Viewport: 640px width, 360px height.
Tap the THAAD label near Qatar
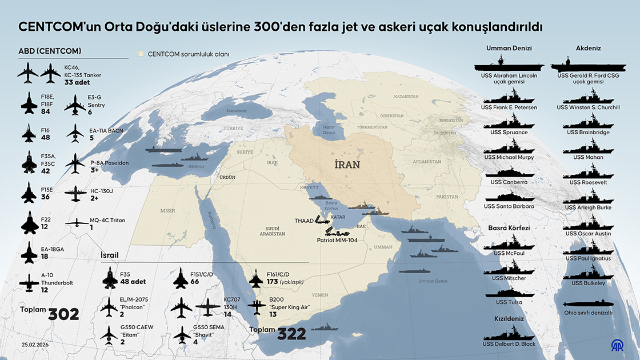pyautogui.click(x=304, y=220)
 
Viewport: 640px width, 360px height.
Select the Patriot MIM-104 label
pyautogui.click(x=337, y=241)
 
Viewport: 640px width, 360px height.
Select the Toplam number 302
pyautogui.click(x=63, y=315)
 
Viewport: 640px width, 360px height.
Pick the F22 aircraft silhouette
pyautogui.click(x=29, y=222)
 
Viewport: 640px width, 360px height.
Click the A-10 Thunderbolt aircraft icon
pyautogui.click(x=29, y=282)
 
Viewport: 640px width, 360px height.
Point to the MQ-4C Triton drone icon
pyautogui.click(x=75, y=223)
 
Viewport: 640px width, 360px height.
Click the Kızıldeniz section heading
pyautogui.click(x=509, y=319)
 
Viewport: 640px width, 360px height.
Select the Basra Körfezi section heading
pyautogui.click(x=509, y=228)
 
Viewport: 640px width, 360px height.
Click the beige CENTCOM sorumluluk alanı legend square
pyautogui.click(x=141, y=54)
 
